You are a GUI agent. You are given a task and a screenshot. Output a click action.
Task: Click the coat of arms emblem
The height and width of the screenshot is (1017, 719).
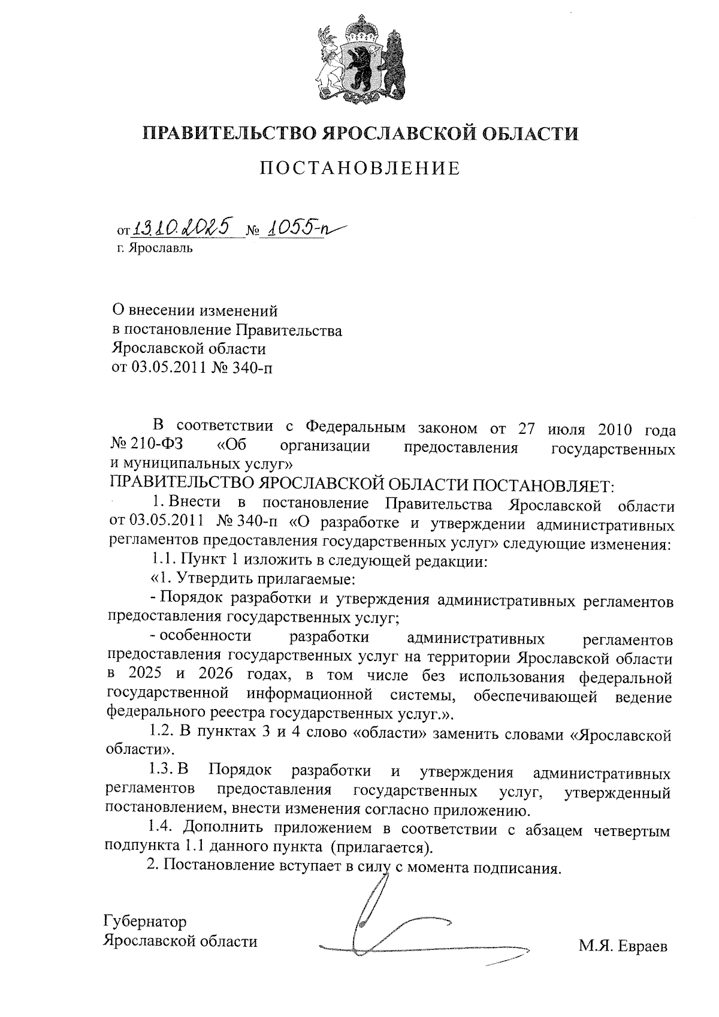click(x=360, y=57)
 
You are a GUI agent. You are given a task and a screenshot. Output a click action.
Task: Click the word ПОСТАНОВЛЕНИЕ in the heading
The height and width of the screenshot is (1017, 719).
click(x=360, y=168)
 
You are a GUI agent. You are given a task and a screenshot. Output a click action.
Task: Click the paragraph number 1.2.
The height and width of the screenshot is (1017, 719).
click(x=161, y=735)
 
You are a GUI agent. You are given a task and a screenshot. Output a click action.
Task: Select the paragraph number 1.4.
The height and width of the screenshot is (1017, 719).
click(x=161, y=831)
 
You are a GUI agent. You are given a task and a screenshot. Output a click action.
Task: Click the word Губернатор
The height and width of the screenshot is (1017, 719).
click(x=146, y=921)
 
